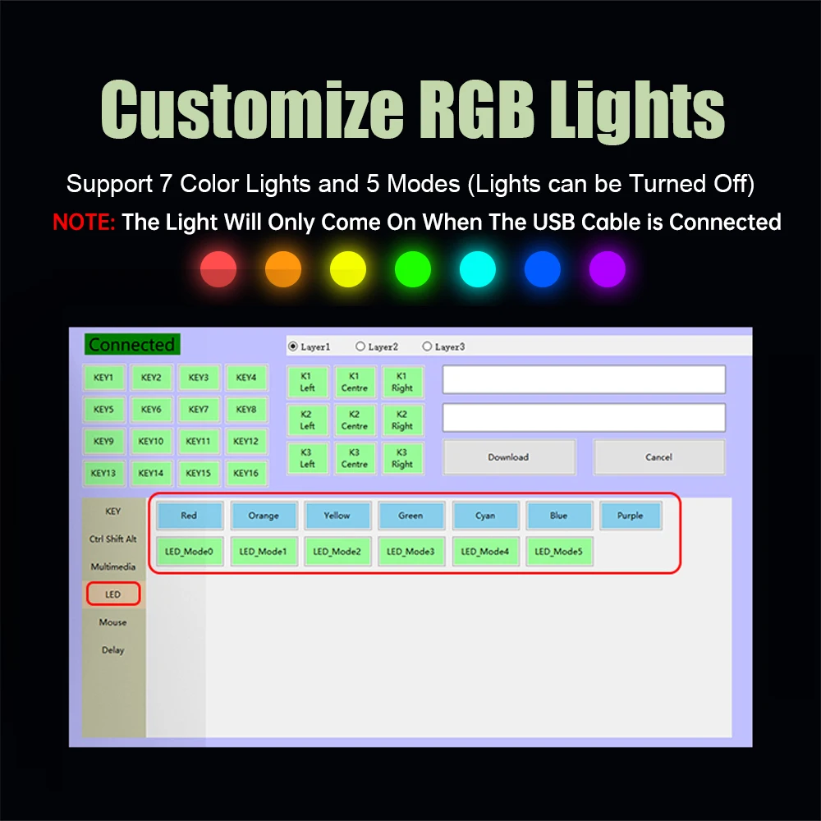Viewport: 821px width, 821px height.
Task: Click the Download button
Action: tap(509, 457)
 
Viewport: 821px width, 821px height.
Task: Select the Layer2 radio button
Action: tap(360, 346)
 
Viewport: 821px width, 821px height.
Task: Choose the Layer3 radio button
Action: tap(427, 346)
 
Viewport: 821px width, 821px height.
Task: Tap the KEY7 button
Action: tap(199, 410)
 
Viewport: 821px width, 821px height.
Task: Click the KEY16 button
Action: tap(246, 474)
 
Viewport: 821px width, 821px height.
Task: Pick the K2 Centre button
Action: tap(355, 420)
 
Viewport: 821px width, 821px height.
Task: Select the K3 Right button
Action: tap(402, 458)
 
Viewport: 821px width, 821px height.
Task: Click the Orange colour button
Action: tap(264, 516)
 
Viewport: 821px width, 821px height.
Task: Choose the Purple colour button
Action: tap(631, 516)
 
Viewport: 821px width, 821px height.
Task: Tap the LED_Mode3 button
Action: tap(411, 552)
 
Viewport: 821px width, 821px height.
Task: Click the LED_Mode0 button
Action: tap(189, 552)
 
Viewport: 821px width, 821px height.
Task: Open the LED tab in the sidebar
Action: tap(113, 594)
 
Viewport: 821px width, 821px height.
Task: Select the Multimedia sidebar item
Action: tap(113, 566)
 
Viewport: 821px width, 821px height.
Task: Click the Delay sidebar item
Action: tap(113, 649)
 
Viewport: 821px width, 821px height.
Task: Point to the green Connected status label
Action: tap(132, 345)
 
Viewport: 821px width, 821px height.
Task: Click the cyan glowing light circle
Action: tap(478, 269)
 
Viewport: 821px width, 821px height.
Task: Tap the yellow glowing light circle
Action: tap(348, 269)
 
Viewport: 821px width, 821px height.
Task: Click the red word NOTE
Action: tap(84, 222)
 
